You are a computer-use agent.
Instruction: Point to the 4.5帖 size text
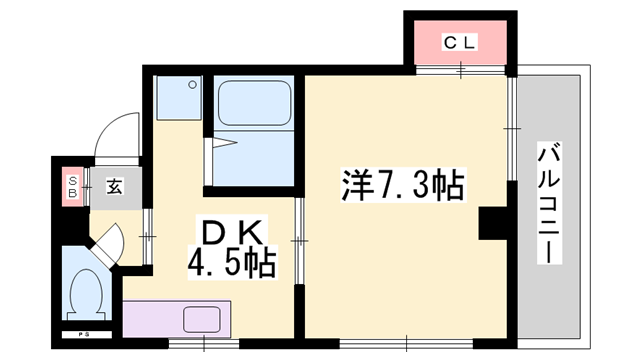click(232, 266)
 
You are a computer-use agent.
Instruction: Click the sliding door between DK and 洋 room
click(297, 241)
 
